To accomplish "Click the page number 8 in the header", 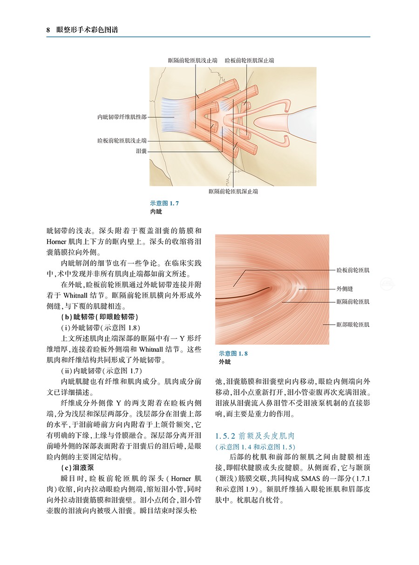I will point(48,31).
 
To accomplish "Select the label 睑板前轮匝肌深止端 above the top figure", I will point(249,61).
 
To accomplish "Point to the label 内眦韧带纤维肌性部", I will point(122,117).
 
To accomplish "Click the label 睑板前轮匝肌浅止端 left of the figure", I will point(122,140).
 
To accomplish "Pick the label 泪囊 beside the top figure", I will point(141,151).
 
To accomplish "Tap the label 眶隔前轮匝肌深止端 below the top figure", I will point(233,191).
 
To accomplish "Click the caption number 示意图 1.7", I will point(164,204).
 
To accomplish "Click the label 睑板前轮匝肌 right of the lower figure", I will point(353,270).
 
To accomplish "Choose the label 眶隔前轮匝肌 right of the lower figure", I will point(353,302).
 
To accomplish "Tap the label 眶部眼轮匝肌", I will point(353,324).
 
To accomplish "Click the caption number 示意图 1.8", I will point(233,354).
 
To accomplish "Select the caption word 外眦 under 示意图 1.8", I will point(225,362).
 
